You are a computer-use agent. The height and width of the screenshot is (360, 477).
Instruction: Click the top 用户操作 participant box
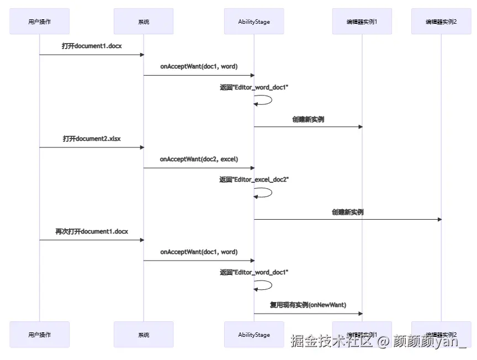tap(40, 22)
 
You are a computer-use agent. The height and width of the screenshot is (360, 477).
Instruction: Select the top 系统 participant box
tap(144, 22)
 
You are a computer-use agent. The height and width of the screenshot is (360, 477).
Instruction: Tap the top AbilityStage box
tap(254, 22)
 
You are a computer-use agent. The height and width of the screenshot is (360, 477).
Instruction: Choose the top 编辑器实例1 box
tap(362, 22)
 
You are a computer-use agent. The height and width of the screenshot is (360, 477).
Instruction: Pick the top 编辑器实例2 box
tap(441, 22)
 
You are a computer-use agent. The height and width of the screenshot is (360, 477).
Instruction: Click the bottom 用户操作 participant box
tap(40, 335)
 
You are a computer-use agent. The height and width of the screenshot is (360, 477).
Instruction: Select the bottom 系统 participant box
tap(144, 335)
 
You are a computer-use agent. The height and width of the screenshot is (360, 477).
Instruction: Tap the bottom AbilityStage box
tap(254, 335)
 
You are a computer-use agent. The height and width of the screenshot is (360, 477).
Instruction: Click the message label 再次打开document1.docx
tap(92, 232)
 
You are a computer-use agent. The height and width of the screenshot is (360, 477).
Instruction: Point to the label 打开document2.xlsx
tap(92, 139)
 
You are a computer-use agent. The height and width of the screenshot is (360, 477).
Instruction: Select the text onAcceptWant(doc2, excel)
tap(199, 159)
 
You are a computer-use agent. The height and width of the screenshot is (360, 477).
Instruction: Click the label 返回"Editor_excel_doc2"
tap(254, 179)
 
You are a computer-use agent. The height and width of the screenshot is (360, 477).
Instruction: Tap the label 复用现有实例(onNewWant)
tap(308, 305)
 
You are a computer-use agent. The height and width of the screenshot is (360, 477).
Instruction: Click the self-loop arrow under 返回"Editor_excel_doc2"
tap(269, 193)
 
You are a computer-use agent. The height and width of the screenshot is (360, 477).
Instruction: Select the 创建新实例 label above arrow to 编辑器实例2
tap(348, 212)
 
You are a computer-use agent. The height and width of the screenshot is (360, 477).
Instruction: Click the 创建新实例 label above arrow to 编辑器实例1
tap(308, 119)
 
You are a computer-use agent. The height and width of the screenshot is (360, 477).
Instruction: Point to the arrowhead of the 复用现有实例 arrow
tap(360, 314)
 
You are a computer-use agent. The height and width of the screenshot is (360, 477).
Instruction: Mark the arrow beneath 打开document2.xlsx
tap(92, 147)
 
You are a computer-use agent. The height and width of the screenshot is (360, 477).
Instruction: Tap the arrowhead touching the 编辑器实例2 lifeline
tap(439, 220)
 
